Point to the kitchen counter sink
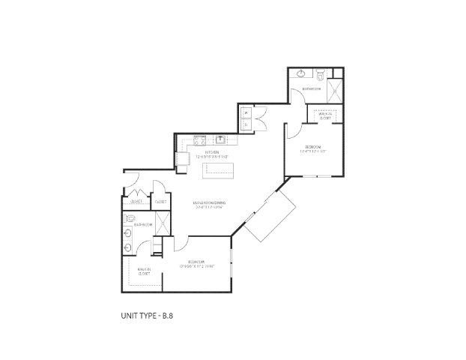(222, 139)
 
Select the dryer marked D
(246, 124)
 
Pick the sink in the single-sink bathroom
(301, 74)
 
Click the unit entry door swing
(130, 184)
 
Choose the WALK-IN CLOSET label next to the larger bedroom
(143, 271)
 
